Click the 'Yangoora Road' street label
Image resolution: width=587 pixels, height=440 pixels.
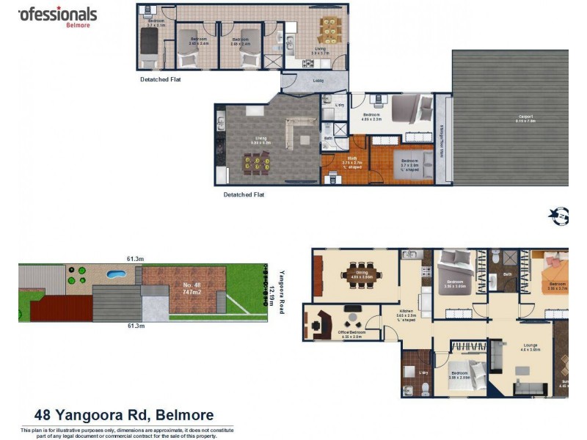click(x=281, y=290)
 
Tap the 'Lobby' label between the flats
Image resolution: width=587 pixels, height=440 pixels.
click(x=318, y=81)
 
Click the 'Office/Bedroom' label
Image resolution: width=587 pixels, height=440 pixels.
click(x=351, y=334)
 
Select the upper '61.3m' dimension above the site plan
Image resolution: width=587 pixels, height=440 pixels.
click(x=133, y=259)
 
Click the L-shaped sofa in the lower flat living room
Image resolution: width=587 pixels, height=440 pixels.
click(x=298, y=133)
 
